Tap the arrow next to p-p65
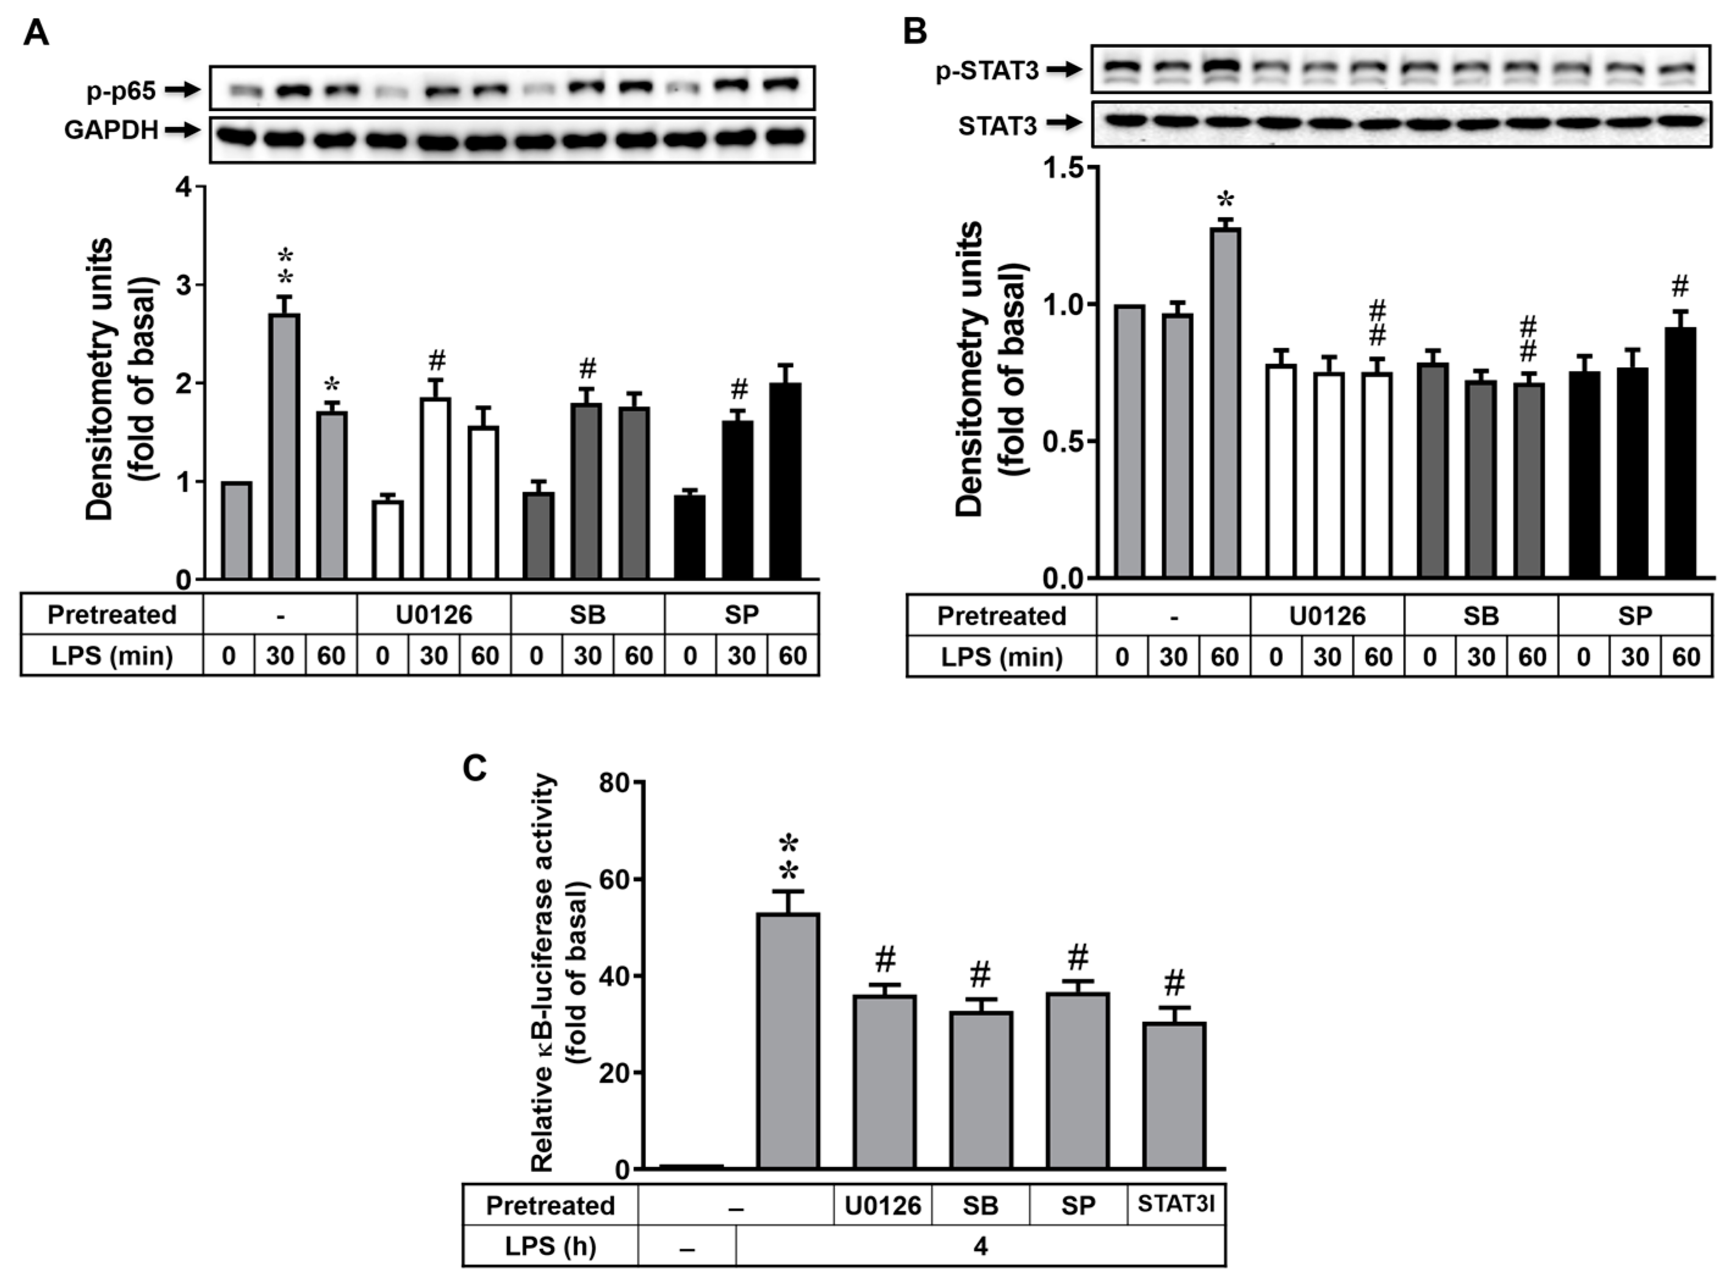coord(182,90)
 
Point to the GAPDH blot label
coord(111,130)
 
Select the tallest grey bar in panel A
coord(284,446)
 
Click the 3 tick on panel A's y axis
coord(184,285)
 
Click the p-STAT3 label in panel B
coord(987,71)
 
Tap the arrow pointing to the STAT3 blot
coord(1065,123)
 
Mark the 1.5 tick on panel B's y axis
coord(1065,168)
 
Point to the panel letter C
coord(475,769)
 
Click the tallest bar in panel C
coord(788,1041)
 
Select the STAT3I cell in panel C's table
coord(1176,1204)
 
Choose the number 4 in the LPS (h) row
coord(980,1246)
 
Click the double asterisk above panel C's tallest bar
coord(788,857)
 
